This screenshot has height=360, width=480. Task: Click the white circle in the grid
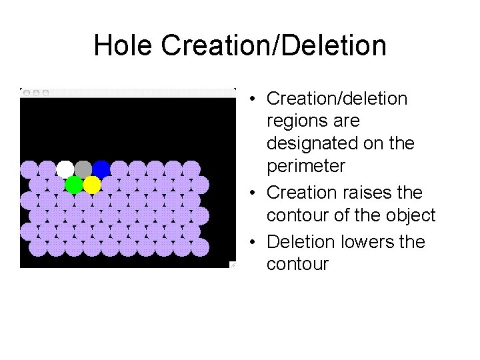[65, 169]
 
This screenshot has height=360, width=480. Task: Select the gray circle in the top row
[83, 169]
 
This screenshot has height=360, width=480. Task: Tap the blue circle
[101, 169]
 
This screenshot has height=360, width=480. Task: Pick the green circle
[74, 184]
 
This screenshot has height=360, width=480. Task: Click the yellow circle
[92, 184]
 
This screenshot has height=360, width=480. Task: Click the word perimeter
[306, 166]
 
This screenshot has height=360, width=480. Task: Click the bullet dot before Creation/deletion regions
[255, 99]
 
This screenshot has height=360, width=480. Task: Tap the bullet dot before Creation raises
[255, 193]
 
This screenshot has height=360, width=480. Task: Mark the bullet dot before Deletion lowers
[255, 242]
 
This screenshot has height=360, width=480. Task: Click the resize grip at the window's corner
[233, 265]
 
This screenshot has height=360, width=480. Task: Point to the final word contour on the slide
[297, 265]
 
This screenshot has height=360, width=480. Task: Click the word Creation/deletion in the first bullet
[337, 99]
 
